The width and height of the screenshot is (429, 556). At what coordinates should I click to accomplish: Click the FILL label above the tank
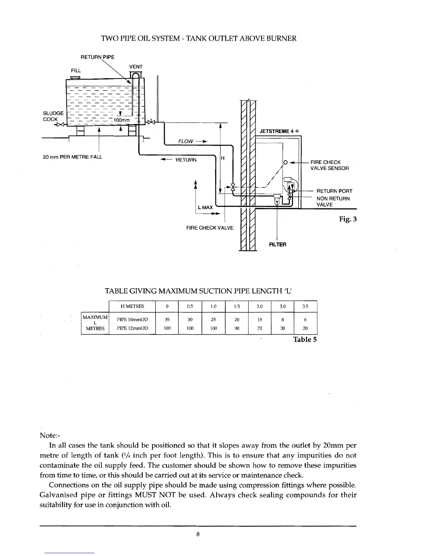pyautogui.click(x=76, y=71)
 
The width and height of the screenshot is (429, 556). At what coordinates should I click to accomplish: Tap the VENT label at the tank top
pyautogui.click(x=136, y=67)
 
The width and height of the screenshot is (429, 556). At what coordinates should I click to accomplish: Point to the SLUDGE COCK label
pyautogui.click(x=53, y=116)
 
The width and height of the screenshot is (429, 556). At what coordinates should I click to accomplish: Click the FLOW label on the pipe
pyautogui.click(x=186, y=141)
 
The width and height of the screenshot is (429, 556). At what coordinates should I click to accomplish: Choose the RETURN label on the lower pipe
pyautogui.click(x=186, y=160)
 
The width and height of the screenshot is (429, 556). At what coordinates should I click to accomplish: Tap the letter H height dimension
pyautogui.click(x=223, y=158)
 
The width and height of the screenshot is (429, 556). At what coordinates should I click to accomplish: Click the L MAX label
pyautogui.click(x=205, y=207)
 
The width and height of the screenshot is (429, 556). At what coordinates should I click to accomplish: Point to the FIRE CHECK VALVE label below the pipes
pyautogui.click(x=210, y=228)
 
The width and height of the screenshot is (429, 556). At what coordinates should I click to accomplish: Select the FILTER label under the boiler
pyautogui.click(x=278, y=244)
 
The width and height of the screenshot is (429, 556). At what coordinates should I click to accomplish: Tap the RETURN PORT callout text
pyautogui.click(x=334, y=191)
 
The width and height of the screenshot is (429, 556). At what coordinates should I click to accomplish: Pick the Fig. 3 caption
pyautogui.click(x=348, y=219)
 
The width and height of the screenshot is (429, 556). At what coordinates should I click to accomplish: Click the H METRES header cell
pyautogui.click(x=132, y=306)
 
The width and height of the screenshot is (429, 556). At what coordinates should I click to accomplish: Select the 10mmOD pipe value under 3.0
pyautogui.click(x=282, y=319)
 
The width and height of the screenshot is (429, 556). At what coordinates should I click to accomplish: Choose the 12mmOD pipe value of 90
pyautogui.click(x=237, y=329)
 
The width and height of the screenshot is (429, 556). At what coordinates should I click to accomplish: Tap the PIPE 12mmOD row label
pyautogui.click(x=132, y=329)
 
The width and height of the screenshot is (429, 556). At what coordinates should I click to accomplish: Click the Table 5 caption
pyautogui.click(x=305, y=339)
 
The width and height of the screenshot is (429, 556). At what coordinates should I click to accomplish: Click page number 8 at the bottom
pyautogui.click(x=198, y=535)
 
